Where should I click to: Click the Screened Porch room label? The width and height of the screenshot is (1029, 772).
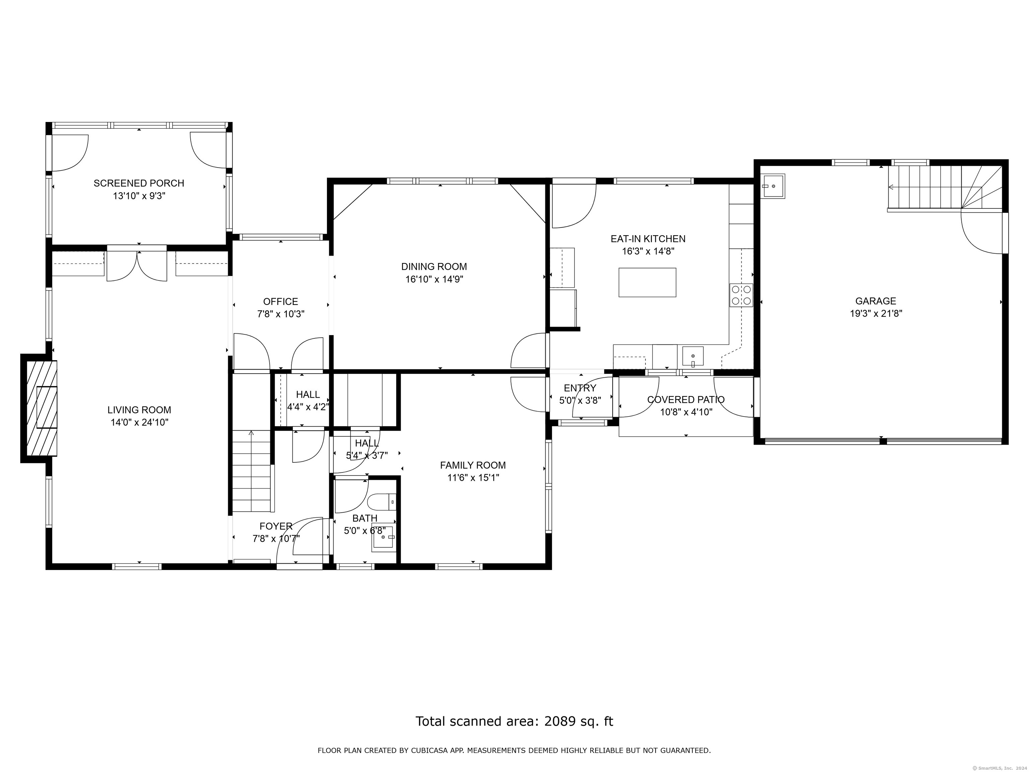coord(139,183)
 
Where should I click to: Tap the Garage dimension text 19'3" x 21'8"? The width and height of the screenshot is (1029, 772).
coord(876,314)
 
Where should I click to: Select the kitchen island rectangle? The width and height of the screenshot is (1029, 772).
coord(647,282)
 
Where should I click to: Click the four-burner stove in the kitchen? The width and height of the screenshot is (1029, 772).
coord(741,295)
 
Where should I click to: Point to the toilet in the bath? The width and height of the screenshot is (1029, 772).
coord(381,503)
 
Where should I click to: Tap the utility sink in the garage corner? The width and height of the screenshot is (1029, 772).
coord(773,186)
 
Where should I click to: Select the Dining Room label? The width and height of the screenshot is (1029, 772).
coord(434,267)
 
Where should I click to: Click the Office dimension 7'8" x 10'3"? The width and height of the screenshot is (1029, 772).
coord(281,314)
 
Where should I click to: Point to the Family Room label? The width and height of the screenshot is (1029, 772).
coord(473,465)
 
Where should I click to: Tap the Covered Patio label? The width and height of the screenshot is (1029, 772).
coord(686,400)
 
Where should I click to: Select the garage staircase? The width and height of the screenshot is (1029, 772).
coord(944,188)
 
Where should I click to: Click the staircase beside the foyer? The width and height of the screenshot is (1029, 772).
coord(251,472)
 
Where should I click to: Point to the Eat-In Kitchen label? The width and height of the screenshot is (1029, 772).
coord(648,239)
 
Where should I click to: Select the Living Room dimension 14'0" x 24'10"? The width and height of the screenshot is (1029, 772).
coord(139,423)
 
